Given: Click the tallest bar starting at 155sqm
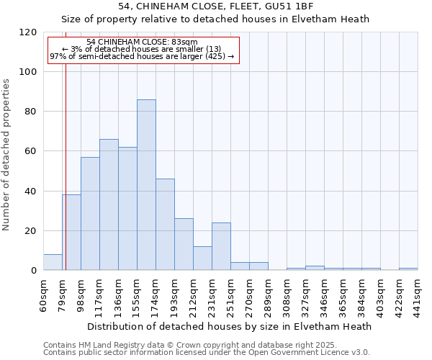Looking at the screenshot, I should click(146, 185).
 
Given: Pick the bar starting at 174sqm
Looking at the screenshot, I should click(165, 225).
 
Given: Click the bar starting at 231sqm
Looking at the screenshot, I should click(221, 246).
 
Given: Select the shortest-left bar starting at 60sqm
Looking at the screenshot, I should click(53, 262).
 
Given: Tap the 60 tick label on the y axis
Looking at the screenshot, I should click(32, 151).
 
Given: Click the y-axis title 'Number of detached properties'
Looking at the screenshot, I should click(7, 155).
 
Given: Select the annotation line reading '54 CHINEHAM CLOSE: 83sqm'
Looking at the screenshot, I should click(141, 42).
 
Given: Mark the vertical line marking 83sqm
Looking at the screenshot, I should click(66, 180).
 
